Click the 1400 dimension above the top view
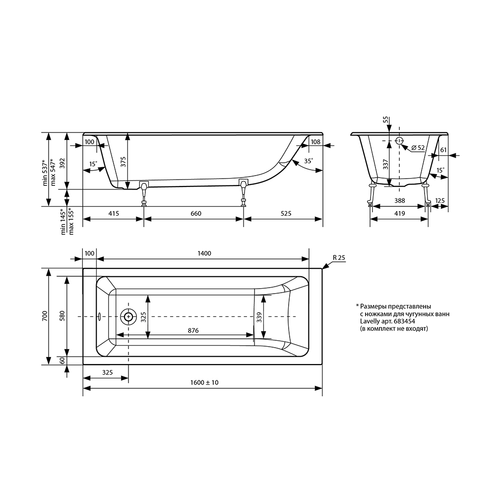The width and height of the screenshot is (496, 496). [204, 253]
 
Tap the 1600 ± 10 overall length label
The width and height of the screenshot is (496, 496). [204, 382]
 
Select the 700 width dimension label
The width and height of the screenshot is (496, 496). [45, 316]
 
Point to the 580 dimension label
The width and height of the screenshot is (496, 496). [62, 316]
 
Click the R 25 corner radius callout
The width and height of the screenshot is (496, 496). [339, 257]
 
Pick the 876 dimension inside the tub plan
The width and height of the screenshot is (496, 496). [193, 330]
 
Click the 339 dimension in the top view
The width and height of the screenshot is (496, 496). [259, 317]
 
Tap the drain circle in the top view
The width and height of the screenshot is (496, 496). [128, 316]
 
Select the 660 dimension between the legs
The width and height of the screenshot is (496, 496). [196, 213]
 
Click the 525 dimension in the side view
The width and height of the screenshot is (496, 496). [286, 213]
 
